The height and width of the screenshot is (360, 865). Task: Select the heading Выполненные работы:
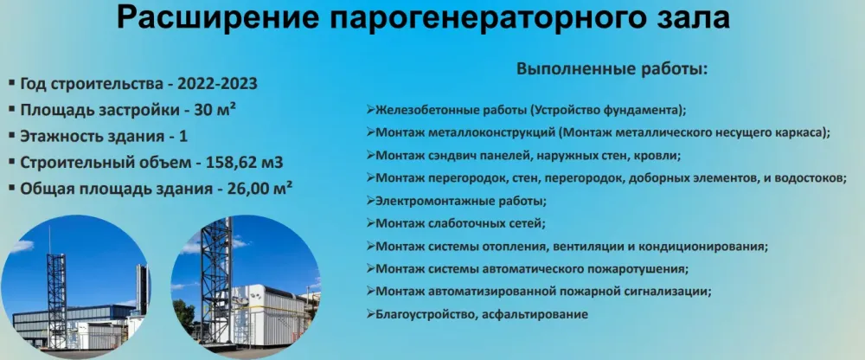point(612,68)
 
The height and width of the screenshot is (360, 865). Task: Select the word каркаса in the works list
point(800,132)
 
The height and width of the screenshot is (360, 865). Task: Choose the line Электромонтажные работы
point(460,201)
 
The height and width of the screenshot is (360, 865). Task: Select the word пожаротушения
point(639,268)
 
